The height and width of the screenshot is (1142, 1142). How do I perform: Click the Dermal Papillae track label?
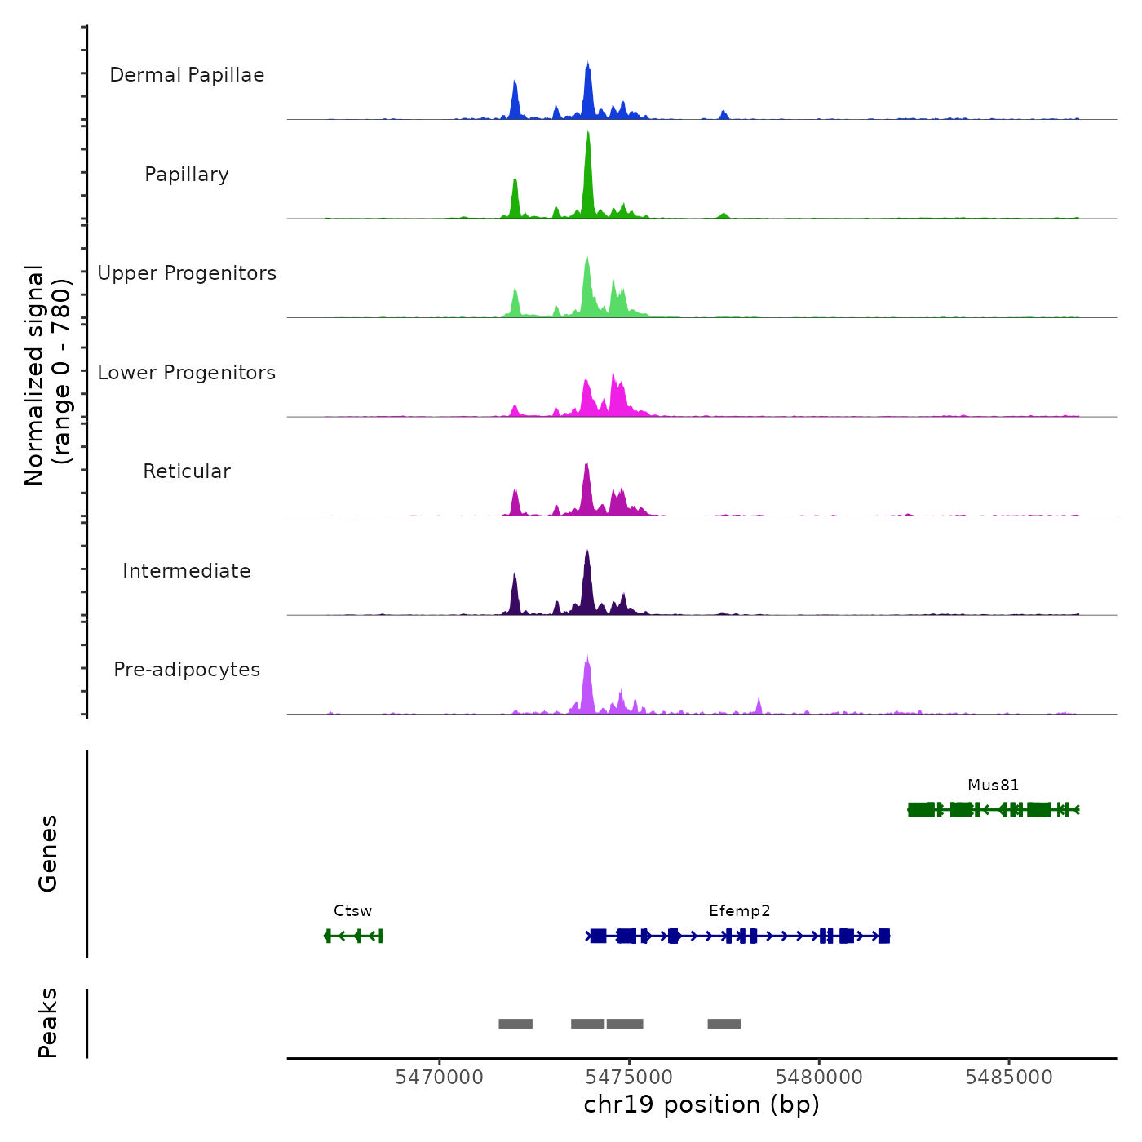point(187,75)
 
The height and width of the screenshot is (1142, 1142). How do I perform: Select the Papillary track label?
point(187,175)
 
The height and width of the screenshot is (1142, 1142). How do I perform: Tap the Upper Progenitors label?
point(187,273)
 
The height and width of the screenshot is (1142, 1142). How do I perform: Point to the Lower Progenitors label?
point(187,373)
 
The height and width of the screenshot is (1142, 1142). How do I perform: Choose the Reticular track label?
point(187,471)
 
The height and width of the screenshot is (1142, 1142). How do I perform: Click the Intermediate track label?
point(187,571)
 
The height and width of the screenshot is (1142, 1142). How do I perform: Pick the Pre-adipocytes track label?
point(187,670)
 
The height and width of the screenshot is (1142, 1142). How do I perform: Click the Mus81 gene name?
point(993,786)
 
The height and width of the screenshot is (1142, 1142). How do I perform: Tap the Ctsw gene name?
point(352,911)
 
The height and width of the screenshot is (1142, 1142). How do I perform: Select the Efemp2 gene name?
point(739,911)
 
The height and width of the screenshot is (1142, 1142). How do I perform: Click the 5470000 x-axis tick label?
point(439,1078)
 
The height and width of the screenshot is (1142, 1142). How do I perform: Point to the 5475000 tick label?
point(629,1078)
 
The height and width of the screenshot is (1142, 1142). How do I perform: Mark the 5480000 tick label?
point(819,1078)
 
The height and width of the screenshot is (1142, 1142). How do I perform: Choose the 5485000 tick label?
point(1009,1078)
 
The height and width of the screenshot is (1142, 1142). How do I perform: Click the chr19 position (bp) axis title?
point(702,1105)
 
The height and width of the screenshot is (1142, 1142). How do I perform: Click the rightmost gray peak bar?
point(724,1024)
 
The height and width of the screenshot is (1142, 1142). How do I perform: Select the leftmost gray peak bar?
point(516,1024)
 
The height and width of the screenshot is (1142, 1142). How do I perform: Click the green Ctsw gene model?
point(353,936)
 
